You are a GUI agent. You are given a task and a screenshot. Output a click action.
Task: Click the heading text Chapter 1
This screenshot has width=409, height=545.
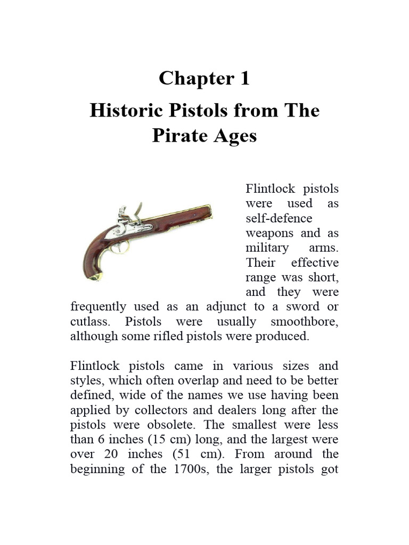[x=204, y=79]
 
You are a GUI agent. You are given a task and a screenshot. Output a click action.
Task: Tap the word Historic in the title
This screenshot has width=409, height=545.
[x=122, y=111]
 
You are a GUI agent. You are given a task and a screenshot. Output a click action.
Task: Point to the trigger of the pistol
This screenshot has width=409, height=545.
[x=124, y=246]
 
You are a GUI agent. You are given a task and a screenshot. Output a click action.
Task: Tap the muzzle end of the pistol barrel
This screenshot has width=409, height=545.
[x=210, y=209]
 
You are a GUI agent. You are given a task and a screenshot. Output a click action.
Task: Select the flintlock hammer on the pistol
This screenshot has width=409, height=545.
[x=137, y=210]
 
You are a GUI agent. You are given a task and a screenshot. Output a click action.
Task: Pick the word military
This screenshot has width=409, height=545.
[x=267, y=248]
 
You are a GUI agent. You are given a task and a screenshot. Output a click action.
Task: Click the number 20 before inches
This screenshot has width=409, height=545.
[x=119, y=455]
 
